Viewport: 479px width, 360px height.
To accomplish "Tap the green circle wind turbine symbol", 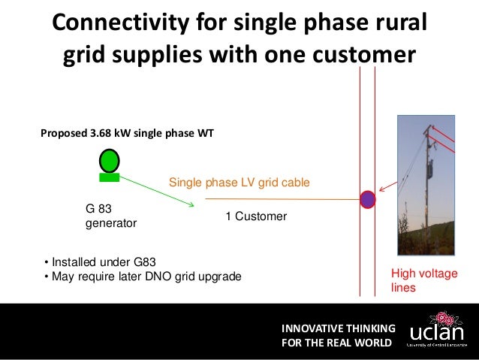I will [110, 159].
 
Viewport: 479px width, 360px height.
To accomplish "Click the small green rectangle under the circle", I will [110, 177].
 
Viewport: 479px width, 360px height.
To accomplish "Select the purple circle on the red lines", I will [368, 199].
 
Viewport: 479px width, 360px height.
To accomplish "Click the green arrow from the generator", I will [158, 192].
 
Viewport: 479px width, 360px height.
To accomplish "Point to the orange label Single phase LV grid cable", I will [239, 183].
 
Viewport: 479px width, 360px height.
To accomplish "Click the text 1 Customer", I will [256, 216].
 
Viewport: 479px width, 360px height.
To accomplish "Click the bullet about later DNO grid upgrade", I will [143, 277].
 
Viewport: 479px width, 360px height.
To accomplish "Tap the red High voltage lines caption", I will [423, 281].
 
